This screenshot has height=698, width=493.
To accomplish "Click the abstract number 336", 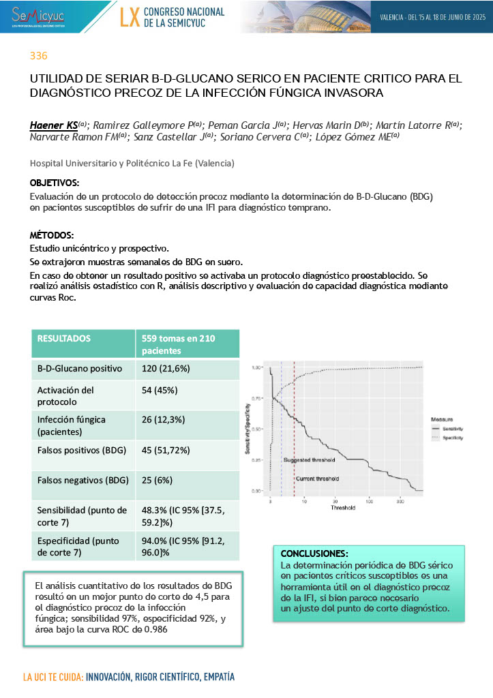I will click(38, 56).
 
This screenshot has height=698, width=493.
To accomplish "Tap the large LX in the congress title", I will click(130, 17).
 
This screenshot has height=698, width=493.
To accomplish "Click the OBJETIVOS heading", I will click(54, 183).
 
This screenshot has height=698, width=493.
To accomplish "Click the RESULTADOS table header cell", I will click(63, 338).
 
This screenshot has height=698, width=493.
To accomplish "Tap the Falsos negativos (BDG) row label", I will click(82, 480).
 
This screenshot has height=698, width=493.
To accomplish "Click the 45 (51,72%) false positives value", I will click(170, 450).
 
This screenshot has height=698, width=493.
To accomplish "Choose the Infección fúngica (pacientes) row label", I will click(72, 425).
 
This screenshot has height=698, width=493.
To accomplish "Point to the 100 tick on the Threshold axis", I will click(369, 502).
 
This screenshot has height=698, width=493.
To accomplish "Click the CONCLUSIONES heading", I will click(314, 553).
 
